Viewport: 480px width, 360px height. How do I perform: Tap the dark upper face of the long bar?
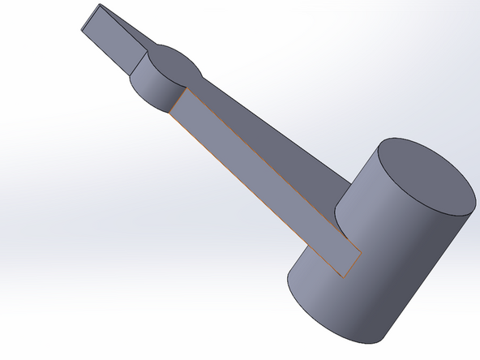[x=268, y=138]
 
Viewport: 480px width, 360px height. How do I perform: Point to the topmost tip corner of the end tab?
[x=100, y=4]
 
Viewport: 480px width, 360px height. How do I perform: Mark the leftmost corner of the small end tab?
[x=80, y=31]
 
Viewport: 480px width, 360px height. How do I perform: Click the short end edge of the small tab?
[x=90, y=18]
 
